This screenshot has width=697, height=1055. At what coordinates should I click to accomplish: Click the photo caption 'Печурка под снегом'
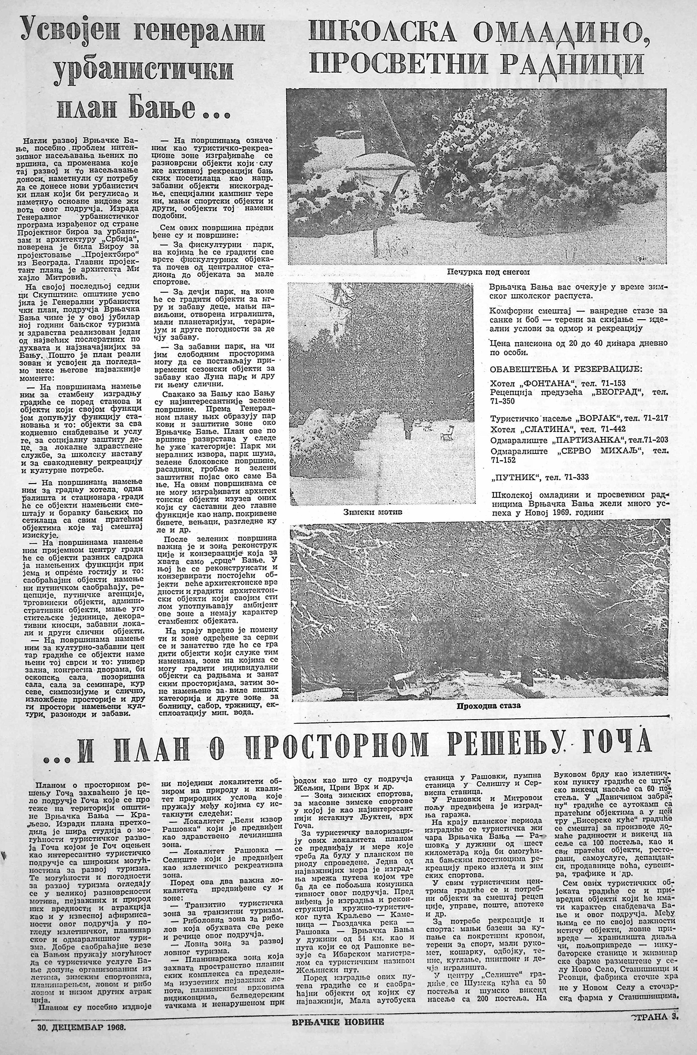point(488,272)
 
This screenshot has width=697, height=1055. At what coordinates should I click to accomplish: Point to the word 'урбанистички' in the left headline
point(143,71)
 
